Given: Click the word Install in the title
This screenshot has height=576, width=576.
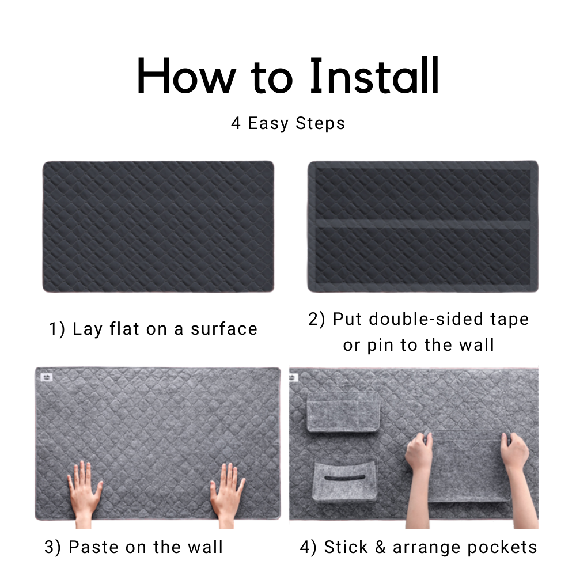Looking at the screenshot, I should [374, 76].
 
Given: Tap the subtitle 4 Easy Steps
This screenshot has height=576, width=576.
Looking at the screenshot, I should [288, 123].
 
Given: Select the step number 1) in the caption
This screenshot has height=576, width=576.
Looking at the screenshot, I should [58, 329].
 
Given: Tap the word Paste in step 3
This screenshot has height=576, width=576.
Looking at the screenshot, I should [96, 547].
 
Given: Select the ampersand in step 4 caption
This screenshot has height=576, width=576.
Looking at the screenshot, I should [380, 547].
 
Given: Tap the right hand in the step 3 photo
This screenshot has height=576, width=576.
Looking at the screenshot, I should [229, 490].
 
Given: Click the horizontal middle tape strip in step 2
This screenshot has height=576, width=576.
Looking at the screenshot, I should [423, 224].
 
